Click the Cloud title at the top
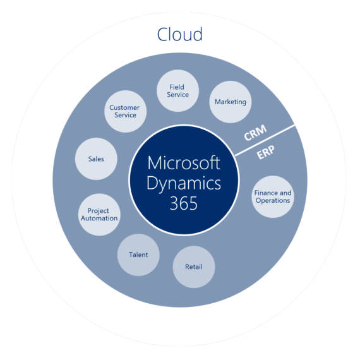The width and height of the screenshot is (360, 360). [180, 33]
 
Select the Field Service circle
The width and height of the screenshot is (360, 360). [178, 90]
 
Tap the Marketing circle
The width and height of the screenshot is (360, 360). [230, 101]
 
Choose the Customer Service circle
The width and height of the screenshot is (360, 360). [124, 111]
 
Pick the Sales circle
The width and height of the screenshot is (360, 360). [96, 159]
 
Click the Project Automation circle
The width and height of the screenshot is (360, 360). [99, 214]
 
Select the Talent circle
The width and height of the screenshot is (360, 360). [138, 255]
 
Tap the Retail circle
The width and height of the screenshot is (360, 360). [194, 266]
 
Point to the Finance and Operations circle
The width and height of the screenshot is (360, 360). [273, 196]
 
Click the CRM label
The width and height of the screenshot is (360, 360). [255, 132]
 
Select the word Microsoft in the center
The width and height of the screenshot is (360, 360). [184, 163]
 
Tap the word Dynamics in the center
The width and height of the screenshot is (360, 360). [184, 184]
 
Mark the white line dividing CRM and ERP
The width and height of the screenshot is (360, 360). [265, 140]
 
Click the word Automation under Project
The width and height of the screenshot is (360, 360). [99, 219]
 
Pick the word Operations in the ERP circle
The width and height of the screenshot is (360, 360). [273, 201]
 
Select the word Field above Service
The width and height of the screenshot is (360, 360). [177, 87]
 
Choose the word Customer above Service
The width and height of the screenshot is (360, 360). [124, 107]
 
